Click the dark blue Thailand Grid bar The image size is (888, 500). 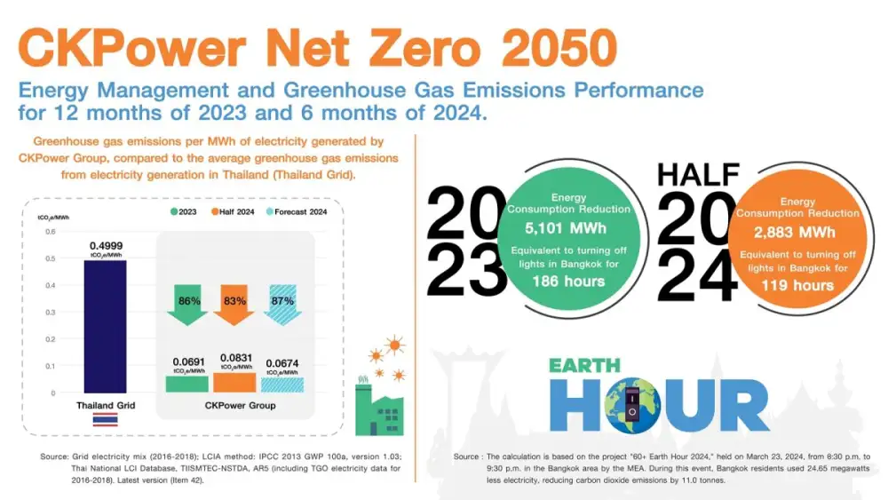(106, 327)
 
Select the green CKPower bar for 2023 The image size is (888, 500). (186, 384)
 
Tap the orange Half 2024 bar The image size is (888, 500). (234, 382)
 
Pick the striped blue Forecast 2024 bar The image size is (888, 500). (282, 385)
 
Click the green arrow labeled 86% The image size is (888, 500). (187, 305)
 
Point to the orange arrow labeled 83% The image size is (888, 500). (234, 305)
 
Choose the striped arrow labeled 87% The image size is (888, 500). (282, 305)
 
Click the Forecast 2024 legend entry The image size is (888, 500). (297, 211)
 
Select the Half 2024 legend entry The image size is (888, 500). (233, 211)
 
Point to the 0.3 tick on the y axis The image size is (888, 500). (51, 312)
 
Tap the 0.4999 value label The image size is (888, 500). (106, 246)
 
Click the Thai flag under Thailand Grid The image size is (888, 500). (106, 419)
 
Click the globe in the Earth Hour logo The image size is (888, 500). (632, 406)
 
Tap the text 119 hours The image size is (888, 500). (797, 285)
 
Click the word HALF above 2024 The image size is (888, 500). (698, 175)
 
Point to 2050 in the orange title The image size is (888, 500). (559, 48)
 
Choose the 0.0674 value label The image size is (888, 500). (282, 363)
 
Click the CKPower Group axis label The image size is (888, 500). (240, 406)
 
